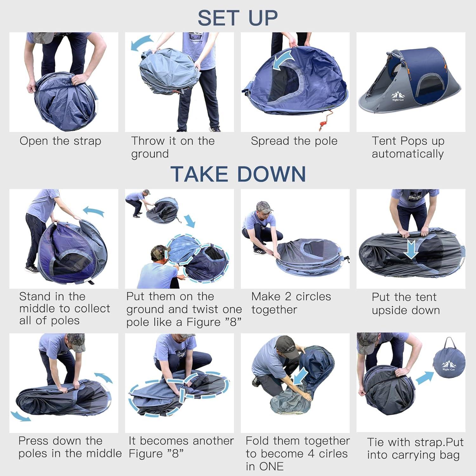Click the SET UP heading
238,18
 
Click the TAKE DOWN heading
238,174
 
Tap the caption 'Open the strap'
60,141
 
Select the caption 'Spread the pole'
294,141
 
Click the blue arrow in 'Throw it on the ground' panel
141,43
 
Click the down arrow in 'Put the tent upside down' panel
412,249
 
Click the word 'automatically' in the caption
407,154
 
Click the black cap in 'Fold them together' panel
287,346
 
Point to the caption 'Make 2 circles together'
291,303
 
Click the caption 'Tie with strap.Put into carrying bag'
415,448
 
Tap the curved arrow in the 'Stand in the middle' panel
94,211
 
